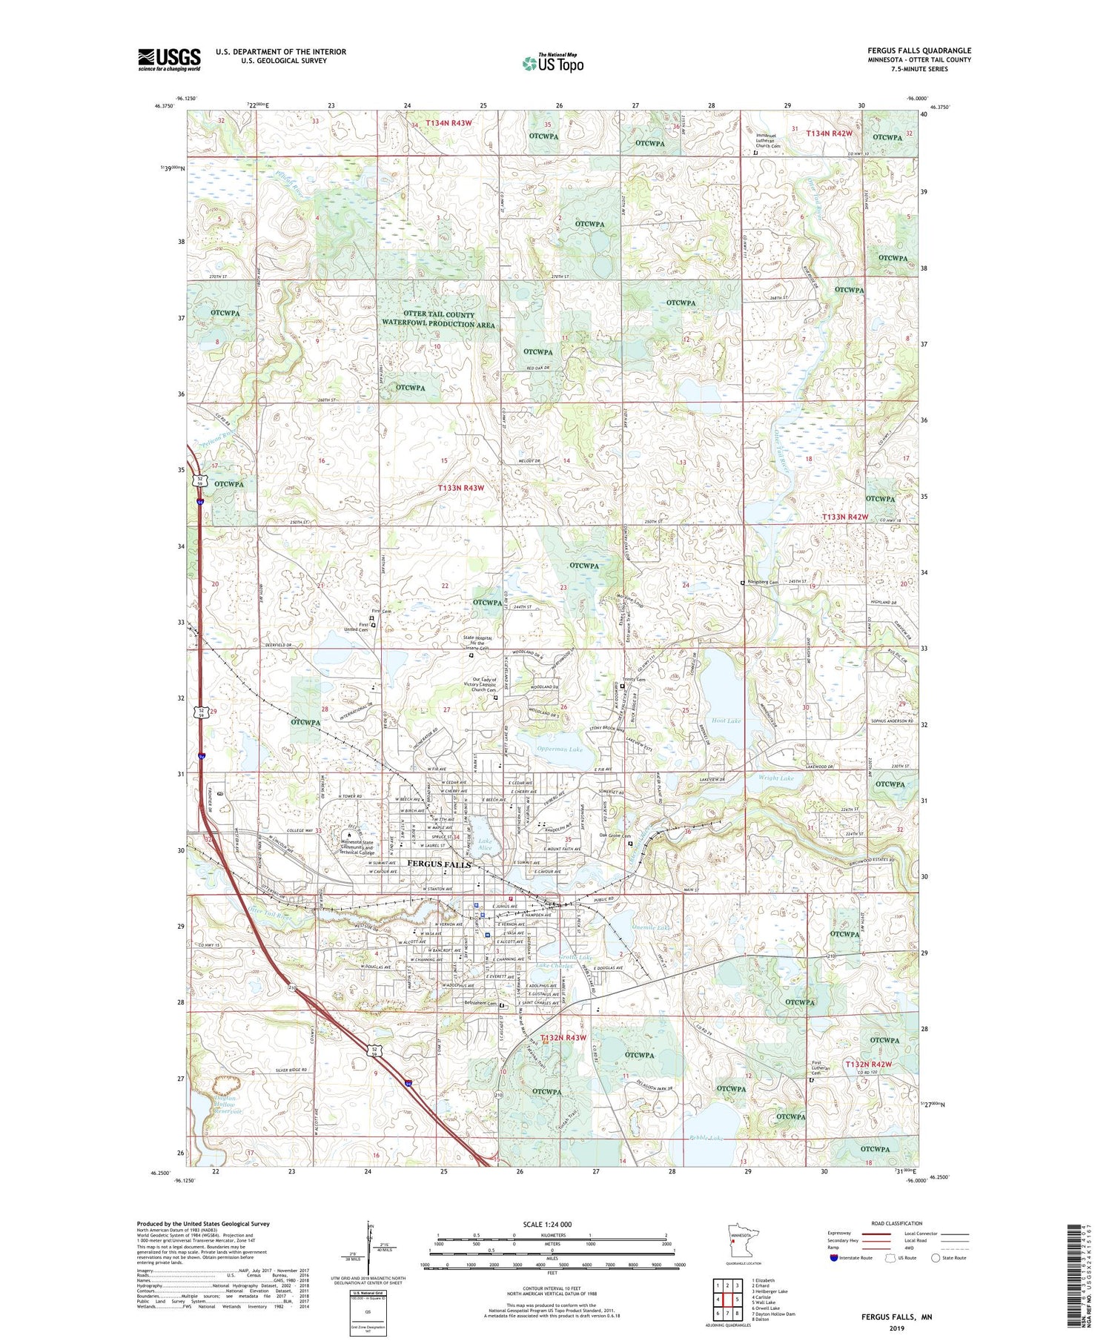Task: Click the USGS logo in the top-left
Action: [x=169, y=59]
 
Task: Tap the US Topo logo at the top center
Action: [x=552, y=64]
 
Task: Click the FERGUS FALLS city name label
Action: [x=439, y=864]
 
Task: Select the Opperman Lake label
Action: [x=560, y=749]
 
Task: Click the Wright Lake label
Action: [x=775, y=778]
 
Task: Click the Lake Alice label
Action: [x=485, y=844]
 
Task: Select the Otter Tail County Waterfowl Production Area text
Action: [x=437, y=320]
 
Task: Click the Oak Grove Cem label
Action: [x=615, y=835]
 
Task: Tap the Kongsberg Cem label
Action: [x=763, y=583]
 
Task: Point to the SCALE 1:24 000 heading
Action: [x=546, y=1224]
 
